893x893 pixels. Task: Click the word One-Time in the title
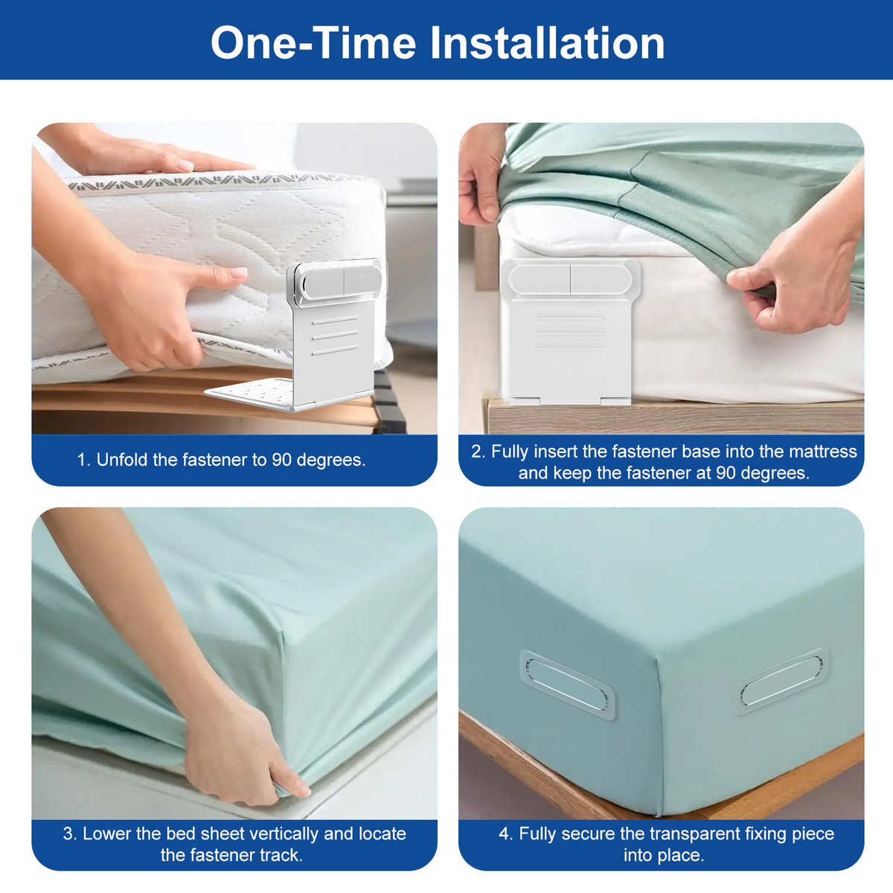pyautogui.click(x=313, y=42)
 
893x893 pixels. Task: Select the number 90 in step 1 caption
pyautogui.click(x=282, y=460)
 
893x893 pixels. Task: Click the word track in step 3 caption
pyautogui.click(x=284, y=855)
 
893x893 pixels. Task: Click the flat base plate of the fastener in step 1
pyautogui.click(x=250, y=391)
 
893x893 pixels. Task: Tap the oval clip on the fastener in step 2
pyautogui.click(x=570, y=280)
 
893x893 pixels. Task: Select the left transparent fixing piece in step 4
pyautogui.click(x=567, y=685)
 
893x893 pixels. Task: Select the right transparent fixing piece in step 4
pyautogui.click(x=782, y=682)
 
